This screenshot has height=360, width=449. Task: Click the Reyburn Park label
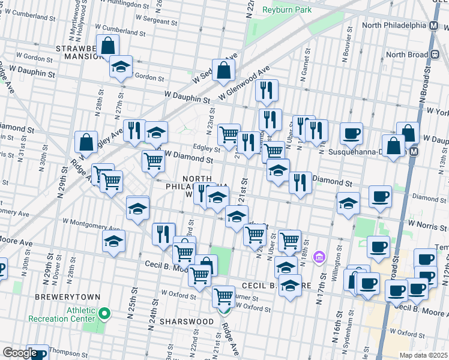286,10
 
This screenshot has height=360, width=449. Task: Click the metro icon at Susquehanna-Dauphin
414,152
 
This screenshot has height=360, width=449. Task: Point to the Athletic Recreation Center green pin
104,313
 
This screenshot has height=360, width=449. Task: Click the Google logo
19,353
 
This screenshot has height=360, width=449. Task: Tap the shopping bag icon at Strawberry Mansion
107,45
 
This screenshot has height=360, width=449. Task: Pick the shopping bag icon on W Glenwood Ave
223,70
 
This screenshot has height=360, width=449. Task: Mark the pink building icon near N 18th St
319,257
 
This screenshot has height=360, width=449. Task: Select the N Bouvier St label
346,49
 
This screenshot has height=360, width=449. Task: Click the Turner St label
246,297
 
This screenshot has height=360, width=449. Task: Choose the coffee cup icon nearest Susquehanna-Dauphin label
351,133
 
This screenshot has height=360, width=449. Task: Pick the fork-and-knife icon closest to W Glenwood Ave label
267,90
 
